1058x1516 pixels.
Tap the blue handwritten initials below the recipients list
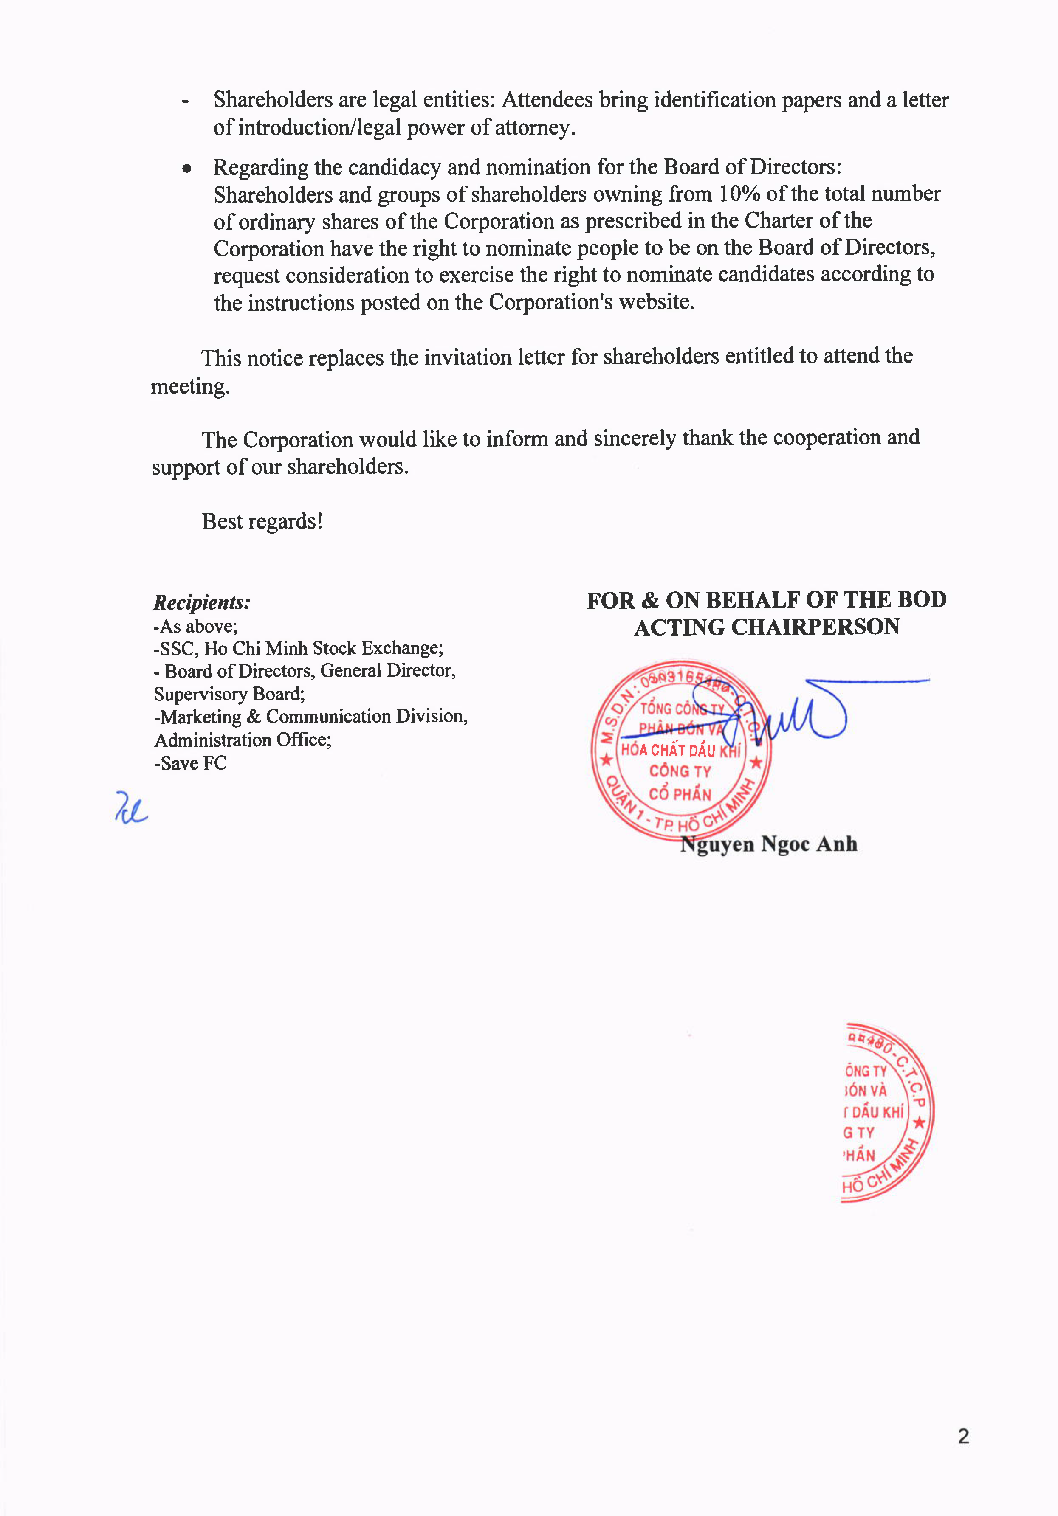coord(131,808)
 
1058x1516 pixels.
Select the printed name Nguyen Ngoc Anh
coord(769,844)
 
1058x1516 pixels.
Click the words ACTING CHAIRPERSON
coord(767,627)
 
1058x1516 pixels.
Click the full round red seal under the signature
coord(680,750)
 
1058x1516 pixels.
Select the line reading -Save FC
coord(190,763)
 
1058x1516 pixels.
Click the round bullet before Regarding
coord(188,169)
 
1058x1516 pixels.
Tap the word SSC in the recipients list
coord(177,648)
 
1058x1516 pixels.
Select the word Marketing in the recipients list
coord(201,717)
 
